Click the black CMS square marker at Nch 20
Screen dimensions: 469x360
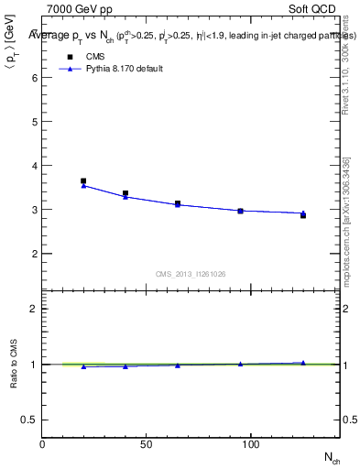click(x=83, y=181)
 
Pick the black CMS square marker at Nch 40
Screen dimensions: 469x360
click(x=125, y=193)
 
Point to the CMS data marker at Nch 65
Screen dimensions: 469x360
click(x=178, y=203)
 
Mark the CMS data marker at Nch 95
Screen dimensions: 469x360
click(x=240, y=211)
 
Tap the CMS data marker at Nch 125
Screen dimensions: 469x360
click(x=303, y=214)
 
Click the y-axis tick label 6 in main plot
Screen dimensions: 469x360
click(x=34, y=78)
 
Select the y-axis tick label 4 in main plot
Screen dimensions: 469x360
click(x=34, y=166)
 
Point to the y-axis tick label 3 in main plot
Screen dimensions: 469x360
click(x=34, y=210)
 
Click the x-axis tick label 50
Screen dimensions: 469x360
click(x=147, y=444)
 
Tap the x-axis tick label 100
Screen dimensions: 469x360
click(x=250, y=444)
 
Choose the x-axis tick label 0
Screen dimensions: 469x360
click(x=42, y=444)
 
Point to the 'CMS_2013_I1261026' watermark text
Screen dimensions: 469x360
click(x=191, y=273)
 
